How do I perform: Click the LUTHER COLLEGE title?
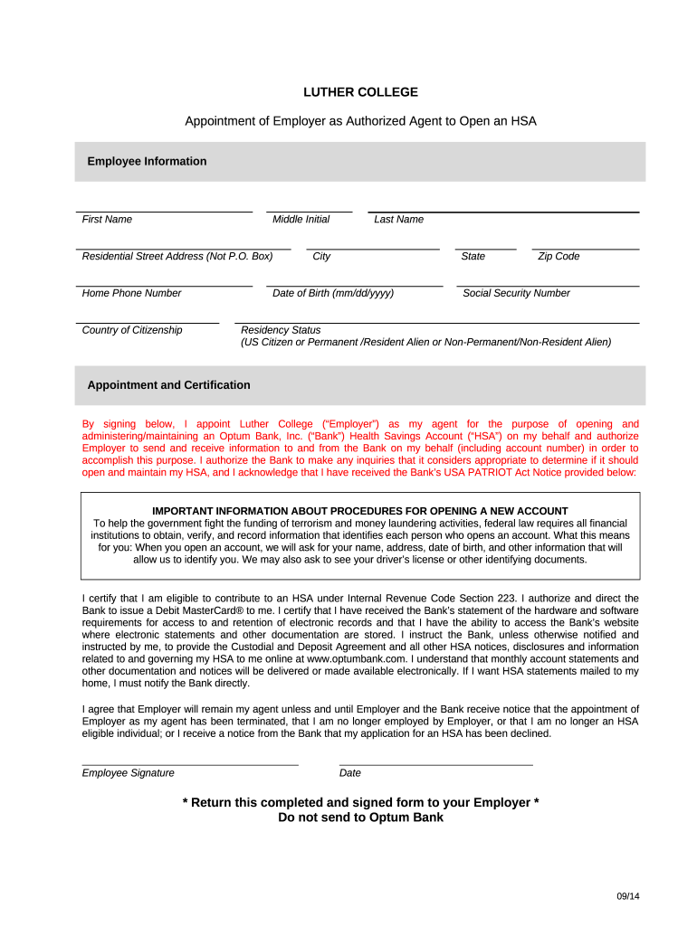[360, 92]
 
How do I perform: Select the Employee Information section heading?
[147, 162]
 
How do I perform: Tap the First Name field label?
[107, 220]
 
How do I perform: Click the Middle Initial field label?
[301, 220]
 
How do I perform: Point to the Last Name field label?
[398, 220]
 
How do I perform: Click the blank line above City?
[372, 248]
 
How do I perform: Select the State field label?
[473, 257]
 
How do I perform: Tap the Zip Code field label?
[559, 257]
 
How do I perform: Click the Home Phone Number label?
[131, 293]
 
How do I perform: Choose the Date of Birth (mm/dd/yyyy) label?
[332, 293]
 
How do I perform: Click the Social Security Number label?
[516, 293]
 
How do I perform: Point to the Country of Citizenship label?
[131, 330]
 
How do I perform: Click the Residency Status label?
[281, 330]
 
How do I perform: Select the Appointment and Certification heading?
[168, 385]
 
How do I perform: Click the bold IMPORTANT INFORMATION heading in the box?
[360, 511]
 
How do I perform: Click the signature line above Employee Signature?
[190, 765]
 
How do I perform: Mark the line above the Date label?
[435, 765]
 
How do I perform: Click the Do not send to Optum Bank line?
[360, 817]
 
